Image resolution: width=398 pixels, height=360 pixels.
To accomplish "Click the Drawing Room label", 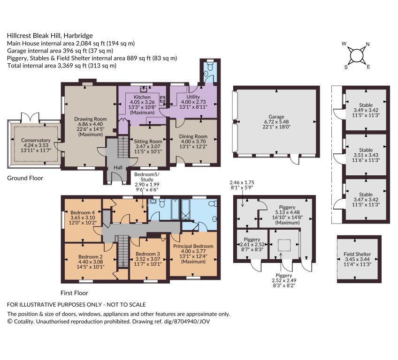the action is (91, 119).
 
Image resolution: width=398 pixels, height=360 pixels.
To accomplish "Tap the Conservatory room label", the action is (36, 140).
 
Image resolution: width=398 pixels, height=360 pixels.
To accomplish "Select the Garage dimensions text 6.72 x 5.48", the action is (276, 122).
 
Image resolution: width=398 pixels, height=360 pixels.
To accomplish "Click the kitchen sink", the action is (144, 89).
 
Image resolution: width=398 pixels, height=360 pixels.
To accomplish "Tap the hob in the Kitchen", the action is (163, 99).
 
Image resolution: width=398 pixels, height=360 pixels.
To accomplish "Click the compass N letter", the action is (367, 44).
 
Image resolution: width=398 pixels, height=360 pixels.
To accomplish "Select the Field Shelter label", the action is (357, 254).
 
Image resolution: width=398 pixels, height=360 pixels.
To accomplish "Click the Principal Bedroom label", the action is (193, 246).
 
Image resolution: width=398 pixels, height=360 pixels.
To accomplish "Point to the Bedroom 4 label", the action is (83, 212).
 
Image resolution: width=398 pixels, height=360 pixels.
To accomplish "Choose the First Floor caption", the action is (74, 293).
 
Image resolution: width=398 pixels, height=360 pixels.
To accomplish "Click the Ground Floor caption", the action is (25, 178).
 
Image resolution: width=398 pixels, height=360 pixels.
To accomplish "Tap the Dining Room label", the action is (193, 136).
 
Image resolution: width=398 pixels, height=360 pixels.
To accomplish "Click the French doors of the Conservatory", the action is (30, 117).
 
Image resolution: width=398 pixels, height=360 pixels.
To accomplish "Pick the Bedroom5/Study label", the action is (147, 177).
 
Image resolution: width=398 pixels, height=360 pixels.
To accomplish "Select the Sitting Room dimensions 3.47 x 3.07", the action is (148, 146).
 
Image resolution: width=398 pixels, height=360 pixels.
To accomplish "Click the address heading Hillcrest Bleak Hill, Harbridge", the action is (50, 36).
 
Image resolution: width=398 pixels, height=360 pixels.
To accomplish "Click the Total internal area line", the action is (61, 66).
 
